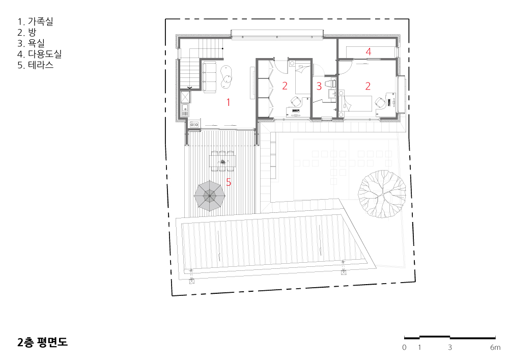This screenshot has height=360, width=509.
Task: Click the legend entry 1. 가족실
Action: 35,21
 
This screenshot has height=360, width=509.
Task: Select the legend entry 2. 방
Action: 26,33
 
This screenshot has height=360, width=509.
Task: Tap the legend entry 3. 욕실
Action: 31,43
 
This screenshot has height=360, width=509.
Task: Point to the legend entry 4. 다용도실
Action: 39,54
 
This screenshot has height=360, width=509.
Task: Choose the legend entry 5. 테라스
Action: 35,65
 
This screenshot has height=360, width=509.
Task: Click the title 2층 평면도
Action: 43,343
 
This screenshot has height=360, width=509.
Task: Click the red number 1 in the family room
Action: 228,102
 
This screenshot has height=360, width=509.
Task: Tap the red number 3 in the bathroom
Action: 319,86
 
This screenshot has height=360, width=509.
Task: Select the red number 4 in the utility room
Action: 368,51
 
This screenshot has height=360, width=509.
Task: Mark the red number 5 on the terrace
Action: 229,182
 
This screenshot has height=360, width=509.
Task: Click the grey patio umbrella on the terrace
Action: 209,196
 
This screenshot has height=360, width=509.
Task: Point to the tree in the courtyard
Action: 382,194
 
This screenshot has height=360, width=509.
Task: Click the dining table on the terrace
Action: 222,161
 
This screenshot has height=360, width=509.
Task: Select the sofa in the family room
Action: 209,77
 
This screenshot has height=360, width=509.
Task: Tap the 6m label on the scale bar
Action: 495,347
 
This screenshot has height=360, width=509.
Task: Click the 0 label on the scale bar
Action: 404,347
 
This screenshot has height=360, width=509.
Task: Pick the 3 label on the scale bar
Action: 450,347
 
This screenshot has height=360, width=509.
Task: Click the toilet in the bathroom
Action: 330,82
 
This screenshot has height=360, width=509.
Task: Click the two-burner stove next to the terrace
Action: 194,124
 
